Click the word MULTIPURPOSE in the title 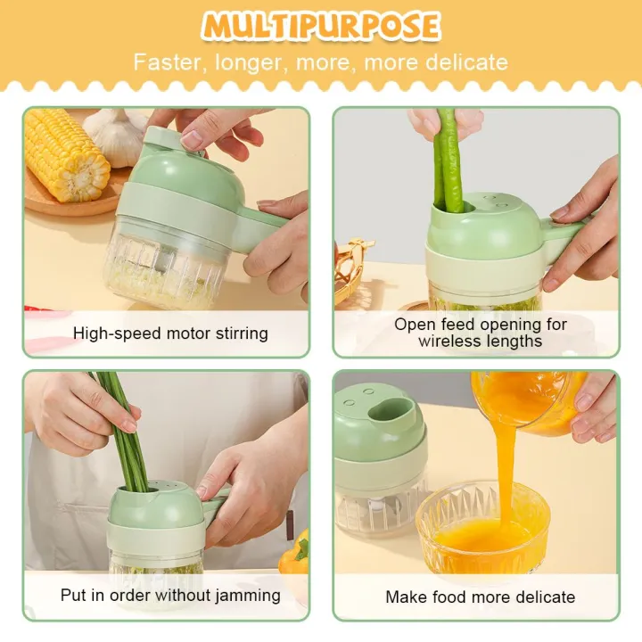point(321,26)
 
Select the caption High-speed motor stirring point(170,333)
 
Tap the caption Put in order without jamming point(170,595)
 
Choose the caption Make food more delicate point(480,597)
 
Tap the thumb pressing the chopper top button point(194,138)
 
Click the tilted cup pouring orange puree point(526,397)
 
